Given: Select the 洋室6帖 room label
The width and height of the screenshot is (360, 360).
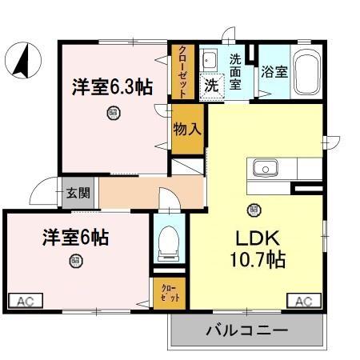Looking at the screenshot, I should pos(76,237).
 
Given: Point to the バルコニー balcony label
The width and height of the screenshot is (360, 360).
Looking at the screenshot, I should pos(246,330).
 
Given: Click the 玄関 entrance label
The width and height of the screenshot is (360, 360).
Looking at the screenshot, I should pos(78,193).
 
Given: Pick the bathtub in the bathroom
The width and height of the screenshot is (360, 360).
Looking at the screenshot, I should pos(305,73).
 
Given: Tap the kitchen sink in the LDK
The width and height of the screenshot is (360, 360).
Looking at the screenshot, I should pos(265,168).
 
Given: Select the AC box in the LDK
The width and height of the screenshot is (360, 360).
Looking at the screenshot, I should pos(304,301).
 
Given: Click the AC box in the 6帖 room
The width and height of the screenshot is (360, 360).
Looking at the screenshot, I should pos(25,301).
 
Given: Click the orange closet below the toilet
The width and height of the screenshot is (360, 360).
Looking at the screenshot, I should pos(170,291).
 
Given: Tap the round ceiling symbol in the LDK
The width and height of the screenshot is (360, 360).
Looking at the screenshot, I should pos(254,210).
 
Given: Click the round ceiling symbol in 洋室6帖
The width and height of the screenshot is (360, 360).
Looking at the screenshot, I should pos(74,260).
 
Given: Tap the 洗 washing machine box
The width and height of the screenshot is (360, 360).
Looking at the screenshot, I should pos(211,83).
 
